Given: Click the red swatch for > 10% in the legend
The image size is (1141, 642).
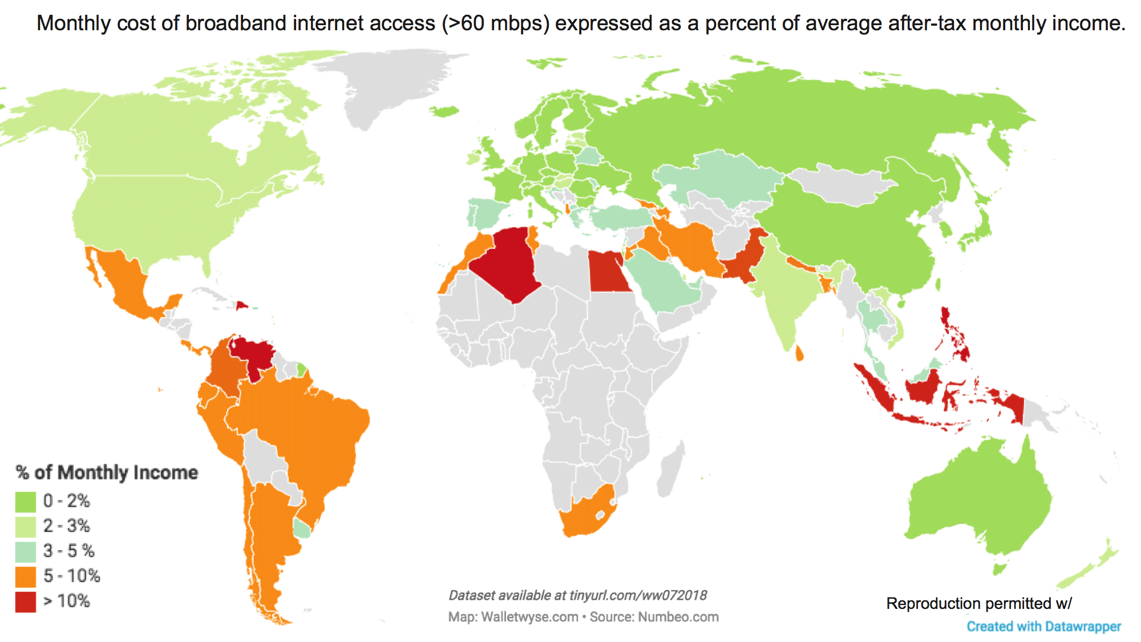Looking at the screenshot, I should (x=26, y=601).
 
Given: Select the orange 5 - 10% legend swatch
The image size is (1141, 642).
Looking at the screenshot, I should (x=26, y=576).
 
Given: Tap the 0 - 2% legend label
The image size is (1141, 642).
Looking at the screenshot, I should (x=67, y=501).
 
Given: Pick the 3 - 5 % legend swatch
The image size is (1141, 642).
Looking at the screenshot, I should (x=26, y=551).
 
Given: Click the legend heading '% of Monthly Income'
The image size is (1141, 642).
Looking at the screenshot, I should (x=107, y=473).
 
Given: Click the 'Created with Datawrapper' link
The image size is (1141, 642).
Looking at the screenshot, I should (x=1043, y=626).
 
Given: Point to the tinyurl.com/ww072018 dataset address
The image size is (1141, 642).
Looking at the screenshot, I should (x=638, y=595).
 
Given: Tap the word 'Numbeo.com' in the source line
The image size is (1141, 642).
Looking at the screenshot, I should (x=678, y=617).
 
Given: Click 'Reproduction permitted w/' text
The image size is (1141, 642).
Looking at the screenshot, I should (x=979, y=603).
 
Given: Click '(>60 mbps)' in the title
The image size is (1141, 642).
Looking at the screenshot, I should (x=495, y=23).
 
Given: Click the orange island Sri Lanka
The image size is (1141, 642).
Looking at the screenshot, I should (x=799, y=353).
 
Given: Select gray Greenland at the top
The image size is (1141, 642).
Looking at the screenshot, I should (x=388, y=86).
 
